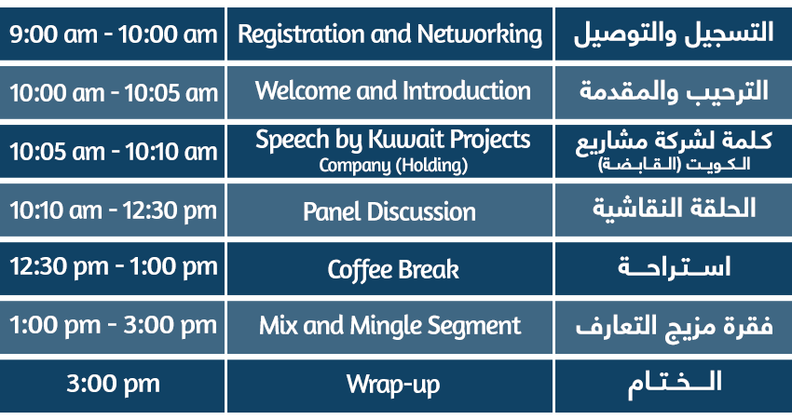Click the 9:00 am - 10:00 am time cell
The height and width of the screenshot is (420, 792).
(x=112, y=34)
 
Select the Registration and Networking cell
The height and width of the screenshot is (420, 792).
(x=389, y=34)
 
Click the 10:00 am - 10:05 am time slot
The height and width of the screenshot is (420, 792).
(x=112, y=92)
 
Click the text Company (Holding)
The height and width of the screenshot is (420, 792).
(x=393, y=165)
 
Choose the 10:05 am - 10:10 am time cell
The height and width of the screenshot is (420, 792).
(x=112, y=151)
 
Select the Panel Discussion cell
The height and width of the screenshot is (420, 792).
(x=389, y=210)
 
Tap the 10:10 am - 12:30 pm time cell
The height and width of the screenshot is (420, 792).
(x=112, y=210)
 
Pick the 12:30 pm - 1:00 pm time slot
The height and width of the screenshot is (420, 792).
(x=112, y=268)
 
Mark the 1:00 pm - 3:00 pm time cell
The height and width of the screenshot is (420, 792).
(x=112, y=327)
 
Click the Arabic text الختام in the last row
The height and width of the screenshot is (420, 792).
(x=675, y=385)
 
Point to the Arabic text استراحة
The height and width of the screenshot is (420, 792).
(x=675, y=266)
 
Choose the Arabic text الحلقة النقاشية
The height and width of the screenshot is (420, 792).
(x=675, y=209)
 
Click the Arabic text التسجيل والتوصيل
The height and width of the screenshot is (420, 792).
(x=674, y=34)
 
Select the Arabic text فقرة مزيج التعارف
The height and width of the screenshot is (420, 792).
(x=675, y=327)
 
